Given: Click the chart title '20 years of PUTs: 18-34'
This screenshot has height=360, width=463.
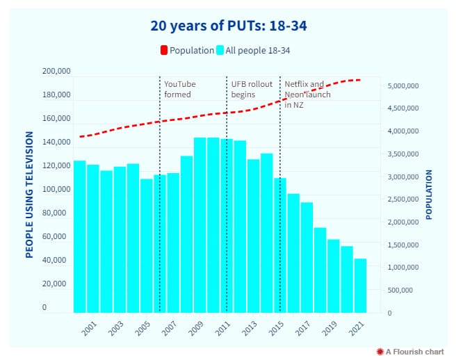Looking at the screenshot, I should coord(229,26).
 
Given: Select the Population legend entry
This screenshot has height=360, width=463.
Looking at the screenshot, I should coord(187,50).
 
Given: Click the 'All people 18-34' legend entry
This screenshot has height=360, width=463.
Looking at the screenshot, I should coord(255,50).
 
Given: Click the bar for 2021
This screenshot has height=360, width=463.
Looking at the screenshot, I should coord(360,286).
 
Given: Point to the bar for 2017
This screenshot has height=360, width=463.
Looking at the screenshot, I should coord(307,257).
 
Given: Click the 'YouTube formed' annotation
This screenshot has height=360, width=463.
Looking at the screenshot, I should coord(179,89).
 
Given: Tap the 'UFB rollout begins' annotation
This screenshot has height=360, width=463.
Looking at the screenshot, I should coord(252,89).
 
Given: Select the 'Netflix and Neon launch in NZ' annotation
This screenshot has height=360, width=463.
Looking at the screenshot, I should coord(307,94).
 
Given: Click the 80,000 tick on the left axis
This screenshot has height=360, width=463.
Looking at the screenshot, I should coord(58,213).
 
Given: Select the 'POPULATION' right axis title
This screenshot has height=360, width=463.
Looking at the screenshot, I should coord(429,195).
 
